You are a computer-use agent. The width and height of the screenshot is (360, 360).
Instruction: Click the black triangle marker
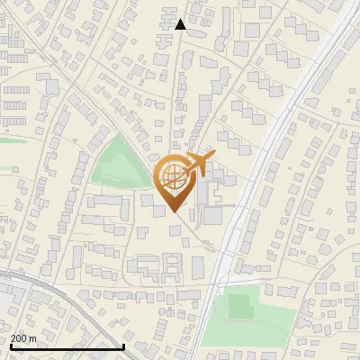pos(180,24)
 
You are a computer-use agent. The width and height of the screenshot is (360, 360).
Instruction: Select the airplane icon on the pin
pos(195,165)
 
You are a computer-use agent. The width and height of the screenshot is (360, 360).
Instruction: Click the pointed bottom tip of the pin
pos(173,211)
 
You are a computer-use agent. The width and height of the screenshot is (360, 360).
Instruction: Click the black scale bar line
pos(67,346)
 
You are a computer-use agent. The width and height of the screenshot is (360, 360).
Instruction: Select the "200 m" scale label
pos(23,338)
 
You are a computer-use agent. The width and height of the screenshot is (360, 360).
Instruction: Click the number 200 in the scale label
pos(19,338)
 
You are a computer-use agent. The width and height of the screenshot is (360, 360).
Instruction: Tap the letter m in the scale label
pos(32,338)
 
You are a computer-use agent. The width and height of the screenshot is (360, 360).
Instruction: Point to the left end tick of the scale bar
pos(10,345)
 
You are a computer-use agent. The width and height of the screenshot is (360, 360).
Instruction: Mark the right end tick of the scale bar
pos(123,345)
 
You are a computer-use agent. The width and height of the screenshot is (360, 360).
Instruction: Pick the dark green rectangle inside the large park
pos(238,306)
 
